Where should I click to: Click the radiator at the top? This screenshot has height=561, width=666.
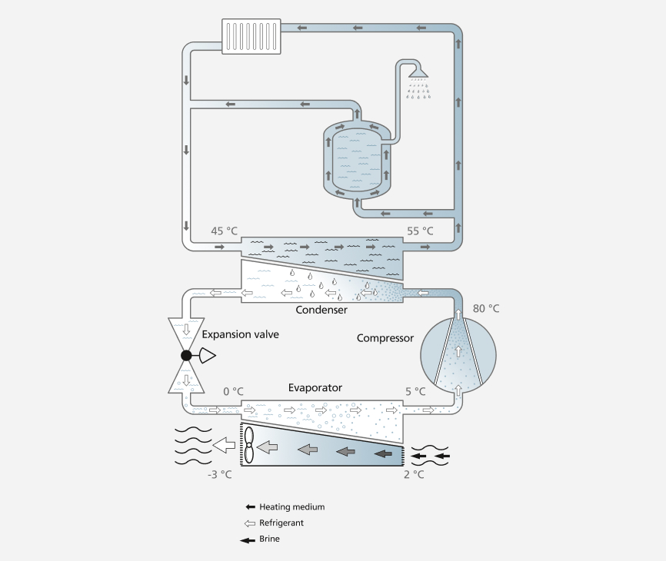coord(251,36)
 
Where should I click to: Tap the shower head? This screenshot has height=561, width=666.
coord(418,72)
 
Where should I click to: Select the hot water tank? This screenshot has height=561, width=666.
coord(357,160)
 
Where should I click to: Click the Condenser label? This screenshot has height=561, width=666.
coord(321,310)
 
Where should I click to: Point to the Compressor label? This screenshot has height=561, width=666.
coord(385,338)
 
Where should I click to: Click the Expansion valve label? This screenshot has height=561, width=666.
coord(241,334)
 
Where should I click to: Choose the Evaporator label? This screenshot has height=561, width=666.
coord(315,387)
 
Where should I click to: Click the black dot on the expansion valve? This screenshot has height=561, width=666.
coord(186,355)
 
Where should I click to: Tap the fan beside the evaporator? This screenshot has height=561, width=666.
coord(248,445)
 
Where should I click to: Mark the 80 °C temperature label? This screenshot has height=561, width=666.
coord(486,308)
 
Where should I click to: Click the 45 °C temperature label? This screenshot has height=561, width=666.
coord(225,231)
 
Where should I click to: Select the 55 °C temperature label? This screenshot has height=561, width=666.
coord(420,231)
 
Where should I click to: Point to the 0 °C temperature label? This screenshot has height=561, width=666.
coord(234,391)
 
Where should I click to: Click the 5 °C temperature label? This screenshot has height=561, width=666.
coord(415,391)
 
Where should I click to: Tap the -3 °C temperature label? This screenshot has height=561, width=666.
coord(220,474)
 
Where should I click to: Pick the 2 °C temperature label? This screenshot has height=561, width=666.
coord(414,474)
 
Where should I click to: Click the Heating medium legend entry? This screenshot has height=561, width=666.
coord(285,506)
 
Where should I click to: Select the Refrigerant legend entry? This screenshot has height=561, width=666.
coord(274,523)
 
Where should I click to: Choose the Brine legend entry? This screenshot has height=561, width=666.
coord(260,539)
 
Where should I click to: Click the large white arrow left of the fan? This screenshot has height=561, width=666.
coord(224,445)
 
